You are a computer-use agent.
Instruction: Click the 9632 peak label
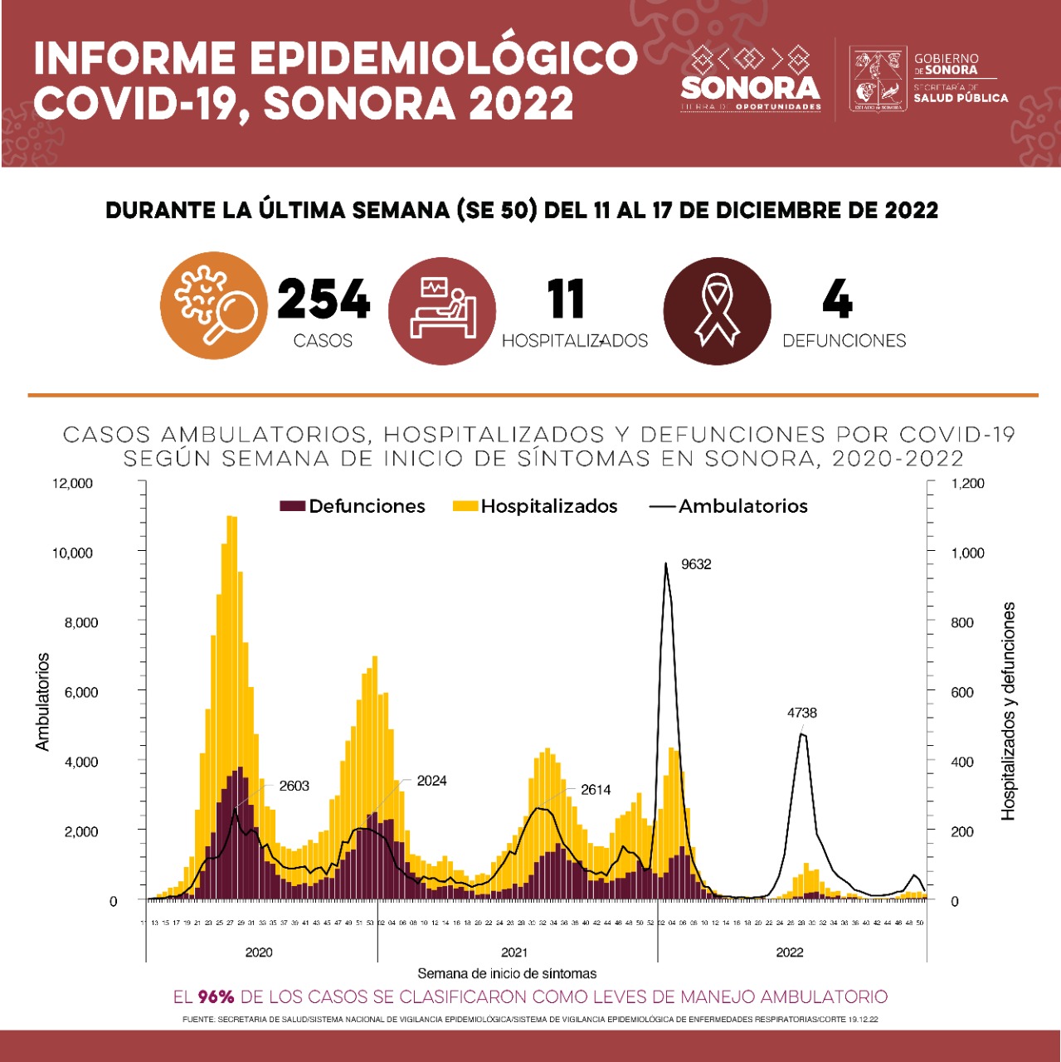coord(696,564)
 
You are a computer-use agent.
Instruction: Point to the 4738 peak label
coord(802,713)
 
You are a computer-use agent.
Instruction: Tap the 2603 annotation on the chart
coord(294,786)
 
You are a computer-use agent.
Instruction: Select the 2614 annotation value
coord(596,790)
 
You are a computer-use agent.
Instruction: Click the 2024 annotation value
coord(431,781)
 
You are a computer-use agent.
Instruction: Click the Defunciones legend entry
coord(353,506)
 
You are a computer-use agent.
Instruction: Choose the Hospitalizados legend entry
coord(536,506)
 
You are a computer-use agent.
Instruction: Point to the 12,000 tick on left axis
coord(73,483)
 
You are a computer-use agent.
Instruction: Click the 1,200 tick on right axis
coord(968,483)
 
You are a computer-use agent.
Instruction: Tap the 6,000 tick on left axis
coord(81,692)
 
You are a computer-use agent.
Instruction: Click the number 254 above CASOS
coord(324,300)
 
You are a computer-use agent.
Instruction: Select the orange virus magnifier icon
coord(214,305)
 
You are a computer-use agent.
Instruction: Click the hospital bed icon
coord(442,311)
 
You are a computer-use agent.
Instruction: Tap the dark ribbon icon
coord(717,311)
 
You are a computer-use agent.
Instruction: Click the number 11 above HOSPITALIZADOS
coord(566,300)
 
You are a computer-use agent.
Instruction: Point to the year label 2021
coord(514,952)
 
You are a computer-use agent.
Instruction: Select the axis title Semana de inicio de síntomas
coord(507,973)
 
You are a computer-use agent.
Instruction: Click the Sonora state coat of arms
coord(878,79)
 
